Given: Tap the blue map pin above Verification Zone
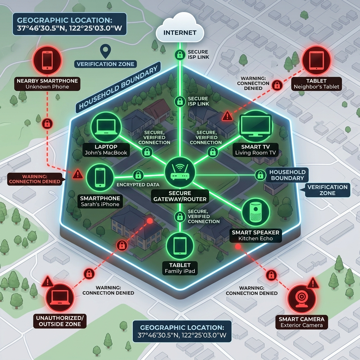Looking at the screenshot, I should pos(104,51).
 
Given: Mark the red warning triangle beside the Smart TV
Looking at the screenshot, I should pos(227,115).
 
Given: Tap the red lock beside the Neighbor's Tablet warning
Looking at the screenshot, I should pos(277,85).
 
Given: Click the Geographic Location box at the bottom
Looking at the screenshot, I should pos(182,331).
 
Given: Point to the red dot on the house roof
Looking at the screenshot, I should pos(150,221).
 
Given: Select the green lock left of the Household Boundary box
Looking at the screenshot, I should pos(260,175).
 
